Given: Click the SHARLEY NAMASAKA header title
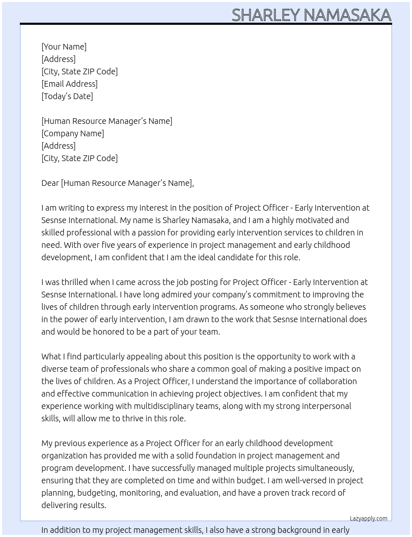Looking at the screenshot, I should click(311, 15).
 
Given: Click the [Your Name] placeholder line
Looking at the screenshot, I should click(64, 47).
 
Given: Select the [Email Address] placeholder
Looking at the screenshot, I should click(69, 84).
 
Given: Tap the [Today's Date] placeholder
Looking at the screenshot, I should click(67, 96).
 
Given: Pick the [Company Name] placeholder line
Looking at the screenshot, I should click(72, 133).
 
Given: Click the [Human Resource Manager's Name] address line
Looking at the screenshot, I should click(107, 121).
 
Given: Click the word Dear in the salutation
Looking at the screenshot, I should click(50, 183).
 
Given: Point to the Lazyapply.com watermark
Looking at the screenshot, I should click(368, 518).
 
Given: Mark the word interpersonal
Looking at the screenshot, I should click(326, 406).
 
